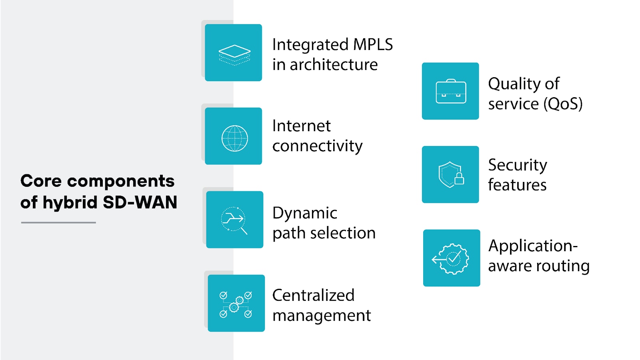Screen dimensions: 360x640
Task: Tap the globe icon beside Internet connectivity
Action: coord(234,138)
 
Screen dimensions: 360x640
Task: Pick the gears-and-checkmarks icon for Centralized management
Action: coord(236,304)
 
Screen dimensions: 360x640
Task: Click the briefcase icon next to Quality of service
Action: coord(451,92)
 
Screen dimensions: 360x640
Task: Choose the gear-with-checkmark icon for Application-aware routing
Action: coord(452,259)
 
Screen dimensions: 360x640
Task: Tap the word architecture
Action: coord(334,65)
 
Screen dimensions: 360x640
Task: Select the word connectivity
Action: coord(317,146)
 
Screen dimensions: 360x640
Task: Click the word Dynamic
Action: coord(304,213)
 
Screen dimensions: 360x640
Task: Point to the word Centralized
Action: coord(313,296)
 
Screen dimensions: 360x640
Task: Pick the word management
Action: coord(322,316)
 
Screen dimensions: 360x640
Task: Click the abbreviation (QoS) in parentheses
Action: coord(562,104)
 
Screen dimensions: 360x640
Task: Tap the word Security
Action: coord(517,165)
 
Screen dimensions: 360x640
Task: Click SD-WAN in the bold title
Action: coord(140,202)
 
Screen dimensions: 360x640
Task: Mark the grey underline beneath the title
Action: coord(58,222)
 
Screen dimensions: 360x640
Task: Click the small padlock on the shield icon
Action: coord(459,179)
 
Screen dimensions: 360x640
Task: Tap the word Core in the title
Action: coord(41,181)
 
